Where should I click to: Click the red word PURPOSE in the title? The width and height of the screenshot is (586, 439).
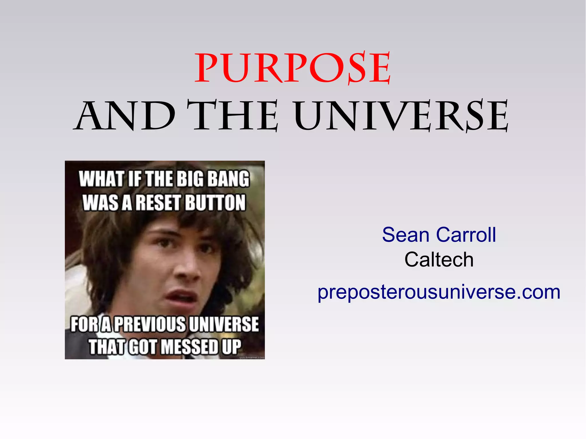click(x=292, y=68)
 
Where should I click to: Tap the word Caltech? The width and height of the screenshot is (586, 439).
click(x=439, y=260)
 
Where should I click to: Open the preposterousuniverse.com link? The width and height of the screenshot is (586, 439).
click(x=439, y=292)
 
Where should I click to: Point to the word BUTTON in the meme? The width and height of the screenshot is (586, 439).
click(x=215, y=202)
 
